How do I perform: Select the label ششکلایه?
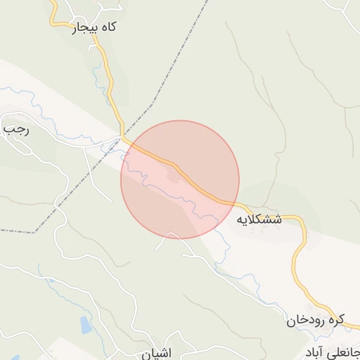[x=258, y=219]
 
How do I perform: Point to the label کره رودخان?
[x=316, y=321]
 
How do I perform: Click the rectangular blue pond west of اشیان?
[x=86, y=325]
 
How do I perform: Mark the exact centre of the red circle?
[x=180, y=179]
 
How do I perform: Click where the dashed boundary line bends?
[x=153, y=105]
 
